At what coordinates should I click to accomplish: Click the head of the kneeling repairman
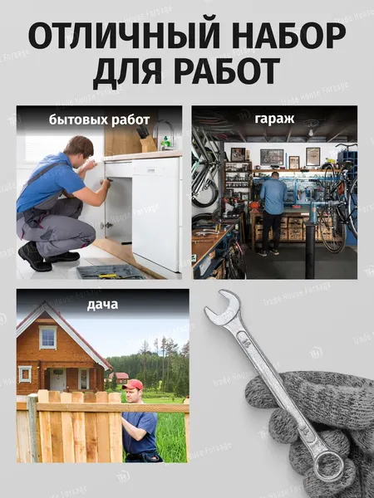(x=80, y=149)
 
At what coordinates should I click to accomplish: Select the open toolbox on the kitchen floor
(x=109, y=271)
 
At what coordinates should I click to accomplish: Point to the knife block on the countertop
(x=146, y=140)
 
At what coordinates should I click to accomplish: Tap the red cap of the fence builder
(x=133, y=384)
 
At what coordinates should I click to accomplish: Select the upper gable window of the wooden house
(x=47, y=337)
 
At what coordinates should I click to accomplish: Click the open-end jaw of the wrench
(x=223, y=307)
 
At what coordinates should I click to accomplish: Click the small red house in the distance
(x=121, y=377)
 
